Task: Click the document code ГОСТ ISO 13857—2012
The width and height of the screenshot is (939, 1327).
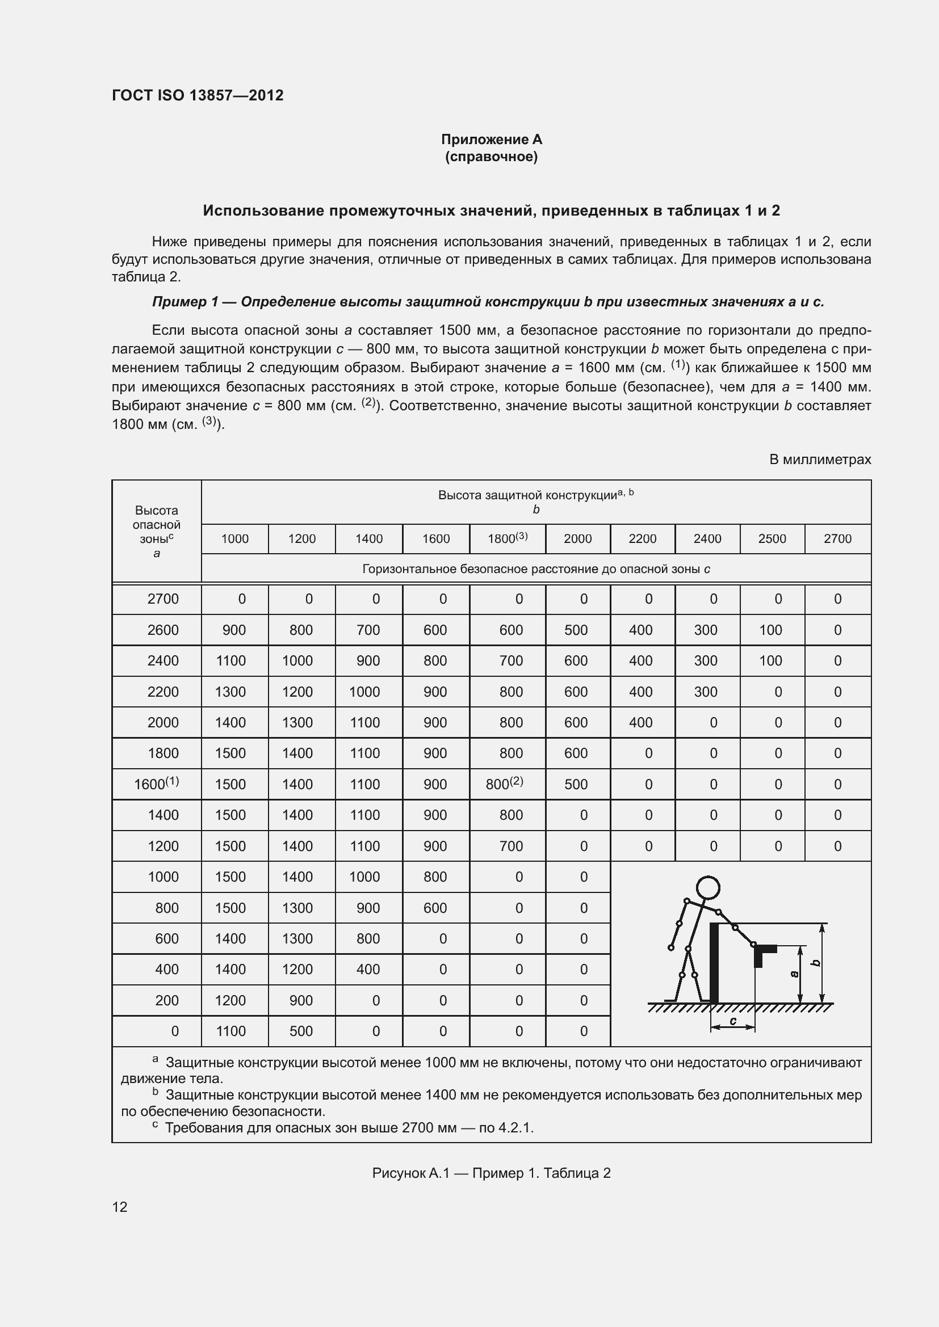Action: [197, 95]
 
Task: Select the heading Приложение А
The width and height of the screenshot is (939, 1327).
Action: [491, 140]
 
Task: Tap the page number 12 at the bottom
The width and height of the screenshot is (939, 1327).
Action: [120, 1207]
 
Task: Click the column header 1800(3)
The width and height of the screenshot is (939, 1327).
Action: [507, 538]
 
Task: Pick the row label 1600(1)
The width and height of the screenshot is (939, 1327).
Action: [156, 783]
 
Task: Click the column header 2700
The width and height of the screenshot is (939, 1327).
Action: [837, 538]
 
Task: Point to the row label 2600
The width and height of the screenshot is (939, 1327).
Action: [162, 630]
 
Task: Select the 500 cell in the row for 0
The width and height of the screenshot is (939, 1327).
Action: [301, 1031]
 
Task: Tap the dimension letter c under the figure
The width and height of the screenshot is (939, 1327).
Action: [732, 1021]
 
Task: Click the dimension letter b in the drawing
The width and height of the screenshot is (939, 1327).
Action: [816, 963]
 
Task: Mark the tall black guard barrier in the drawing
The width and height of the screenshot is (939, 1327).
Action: [714, 962]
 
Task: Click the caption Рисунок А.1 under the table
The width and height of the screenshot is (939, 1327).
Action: [491, 1173]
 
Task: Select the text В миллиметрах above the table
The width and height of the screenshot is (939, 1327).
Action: [819, 460]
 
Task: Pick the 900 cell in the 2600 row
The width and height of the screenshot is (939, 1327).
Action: [234, 630]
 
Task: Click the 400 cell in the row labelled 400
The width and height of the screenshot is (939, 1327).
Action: [368, 969]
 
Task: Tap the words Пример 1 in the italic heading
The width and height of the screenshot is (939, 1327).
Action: [185, 302]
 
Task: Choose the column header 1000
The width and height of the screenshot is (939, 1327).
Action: [235, 538]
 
